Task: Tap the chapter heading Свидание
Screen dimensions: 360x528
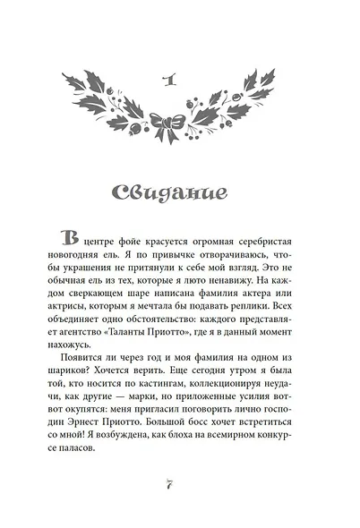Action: tap(180, 192)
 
